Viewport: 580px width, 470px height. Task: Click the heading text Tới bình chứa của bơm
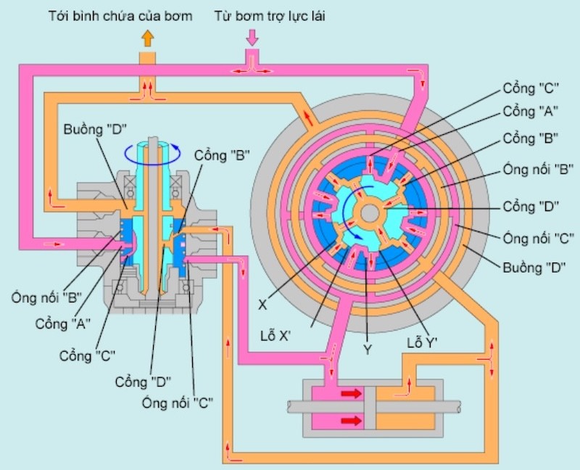pos(120,16)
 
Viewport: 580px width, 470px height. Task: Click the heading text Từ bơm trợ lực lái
pos(270,16)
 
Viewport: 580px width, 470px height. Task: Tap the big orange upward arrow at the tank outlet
pos(148,38)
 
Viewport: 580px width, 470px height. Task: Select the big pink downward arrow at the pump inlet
pos(252,38)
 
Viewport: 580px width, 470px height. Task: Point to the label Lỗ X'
pos(275,337)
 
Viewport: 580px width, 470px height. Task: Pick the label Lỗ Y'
pos(422,343)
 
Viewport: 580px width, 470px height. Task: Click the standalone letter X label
pos(262,305)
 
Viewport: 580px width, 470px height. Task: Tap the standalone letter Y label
pos(368,350)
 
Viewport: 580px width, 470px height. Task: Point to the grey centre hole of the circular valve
pos(369,213)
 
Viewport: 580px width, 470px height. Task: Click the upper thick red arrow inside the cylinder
pos(351,393)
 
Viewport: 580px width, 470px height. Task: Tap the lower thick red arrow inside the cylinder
pos(351,421)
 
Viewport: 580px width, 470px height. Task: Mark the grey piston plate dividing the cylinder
pos(370,408)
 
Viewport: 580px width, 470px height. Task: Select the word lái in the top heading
pos(317,16)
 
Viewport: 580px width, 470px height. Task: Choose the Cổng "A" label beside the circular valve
pos(530,111)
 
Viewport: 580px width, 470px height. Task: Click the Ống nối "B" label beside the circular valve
pos(538,170)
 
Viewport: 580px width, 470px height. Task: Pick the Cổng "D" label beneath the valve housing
pos(143,382)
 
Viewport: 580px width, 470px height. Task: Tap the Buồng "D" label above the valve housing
pos(95,130)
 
